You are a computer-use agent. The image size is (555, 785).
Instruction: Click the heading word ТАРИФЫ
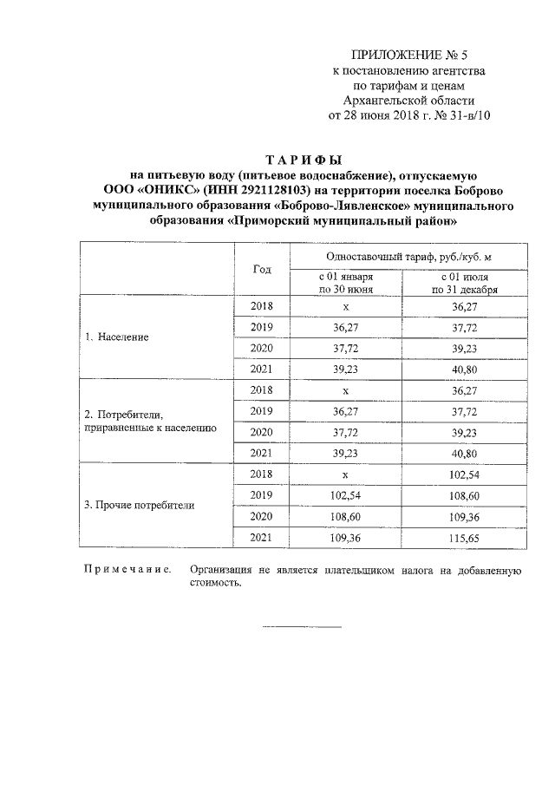tap(303, 160)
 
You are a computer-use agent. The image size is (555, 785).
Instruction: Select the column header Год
tap(262, 269)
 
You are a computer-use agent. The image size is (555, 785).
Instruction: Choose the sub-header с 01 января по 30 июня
tap(345, 283)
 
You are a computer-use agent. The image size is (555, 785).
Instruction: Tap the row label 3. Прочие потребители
tap(140, 505)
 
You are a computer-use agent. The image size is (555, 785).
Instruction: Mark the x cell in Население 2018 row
tap(345, 306)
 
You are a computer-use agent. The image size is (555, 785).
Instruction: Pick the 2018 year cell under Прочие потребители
tap(261, 474)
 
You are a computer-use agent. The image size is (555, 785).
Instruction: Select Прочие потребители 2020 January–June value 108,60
tap(345, 517)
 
